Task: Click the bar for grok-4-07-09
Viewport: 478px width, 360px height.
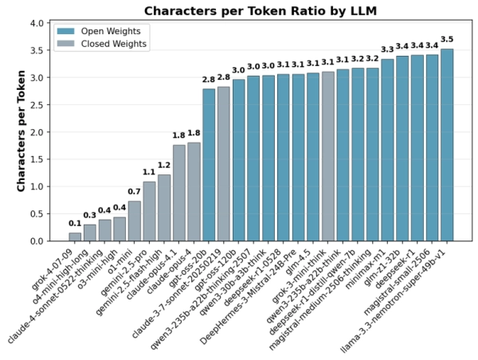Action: (75, 237)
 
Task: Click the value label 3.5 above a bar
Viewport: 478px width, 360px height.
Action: (447, 39)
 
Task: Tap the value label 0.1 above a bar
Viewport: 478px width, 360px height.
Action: (75, 223)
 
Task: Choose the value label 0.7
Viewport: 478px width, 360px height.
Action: (135, 191)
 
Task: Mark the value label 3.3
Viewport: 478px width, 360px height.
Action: (387, 49)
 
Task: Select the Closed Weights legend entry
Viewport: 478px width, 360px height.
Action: (102, 44)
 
